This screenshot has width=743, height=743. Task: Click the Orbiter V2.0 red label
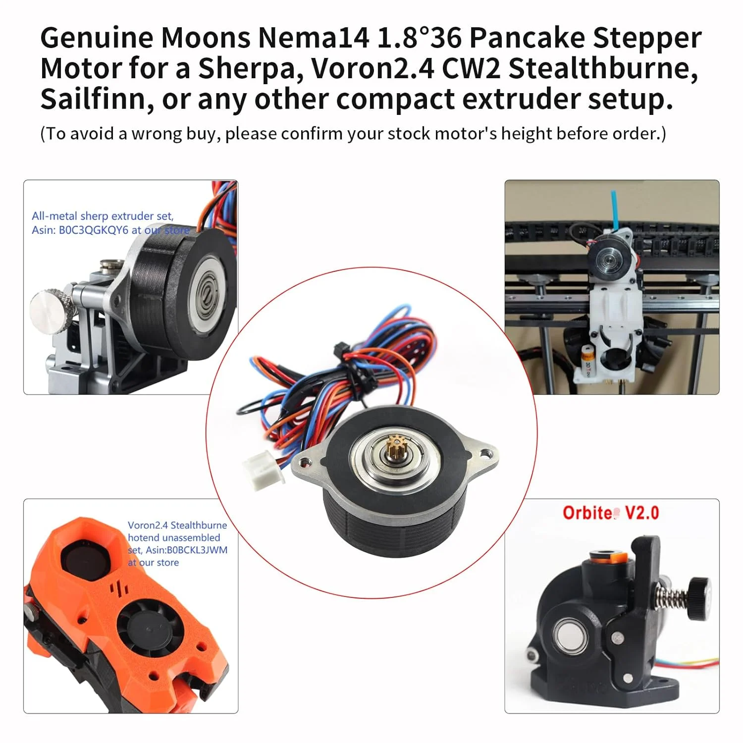(611, 513)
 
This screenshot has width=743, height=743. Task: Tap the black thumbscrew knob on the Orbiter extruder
(698, 598)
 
